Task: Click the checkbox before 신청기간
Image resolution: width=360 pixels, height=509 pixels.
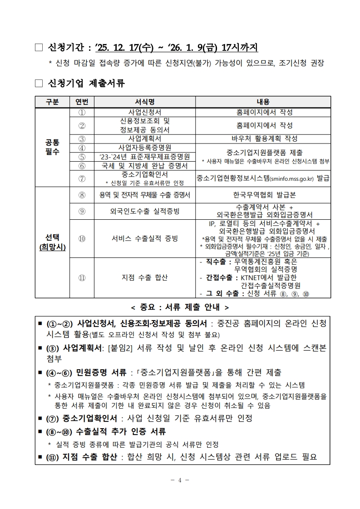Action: click(x=38, y=47)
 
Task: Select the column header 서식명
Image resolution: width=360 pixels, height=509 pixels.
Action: click(x=145, y=102)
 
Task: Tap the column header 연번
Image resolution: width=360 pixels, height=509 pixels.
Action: click(x=82, y=102)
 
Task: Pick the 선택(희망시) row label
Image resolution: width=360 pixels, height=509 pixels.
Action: click(x=52, y=242)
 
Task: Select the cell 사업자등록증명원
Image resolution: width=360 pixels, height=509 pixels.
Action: click(x=145, y=148)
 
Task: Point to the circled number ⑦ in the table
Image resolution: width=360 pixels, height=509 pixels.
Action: click(x=82, y=178)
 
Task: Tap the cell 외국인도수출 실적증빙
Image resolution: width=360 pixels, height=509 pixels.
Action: click(x=145, y=211)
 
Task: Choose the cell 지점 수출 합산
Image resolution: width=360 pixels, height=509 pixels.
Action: click(x=145, y=277)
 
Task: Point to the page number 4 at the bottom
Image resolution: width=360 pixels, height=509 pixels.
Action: click(x=180, y=480)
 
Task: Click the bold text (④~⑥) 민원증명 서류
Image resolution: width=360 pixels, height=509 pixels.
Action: click(x=86, y=373)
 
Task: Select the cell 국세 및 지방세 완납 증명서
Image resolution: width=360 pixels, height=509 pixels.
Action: click(x=145, y=166)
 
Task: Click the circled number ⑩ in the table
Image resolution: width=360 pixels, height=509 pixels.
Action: click(x=82, y=238)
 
